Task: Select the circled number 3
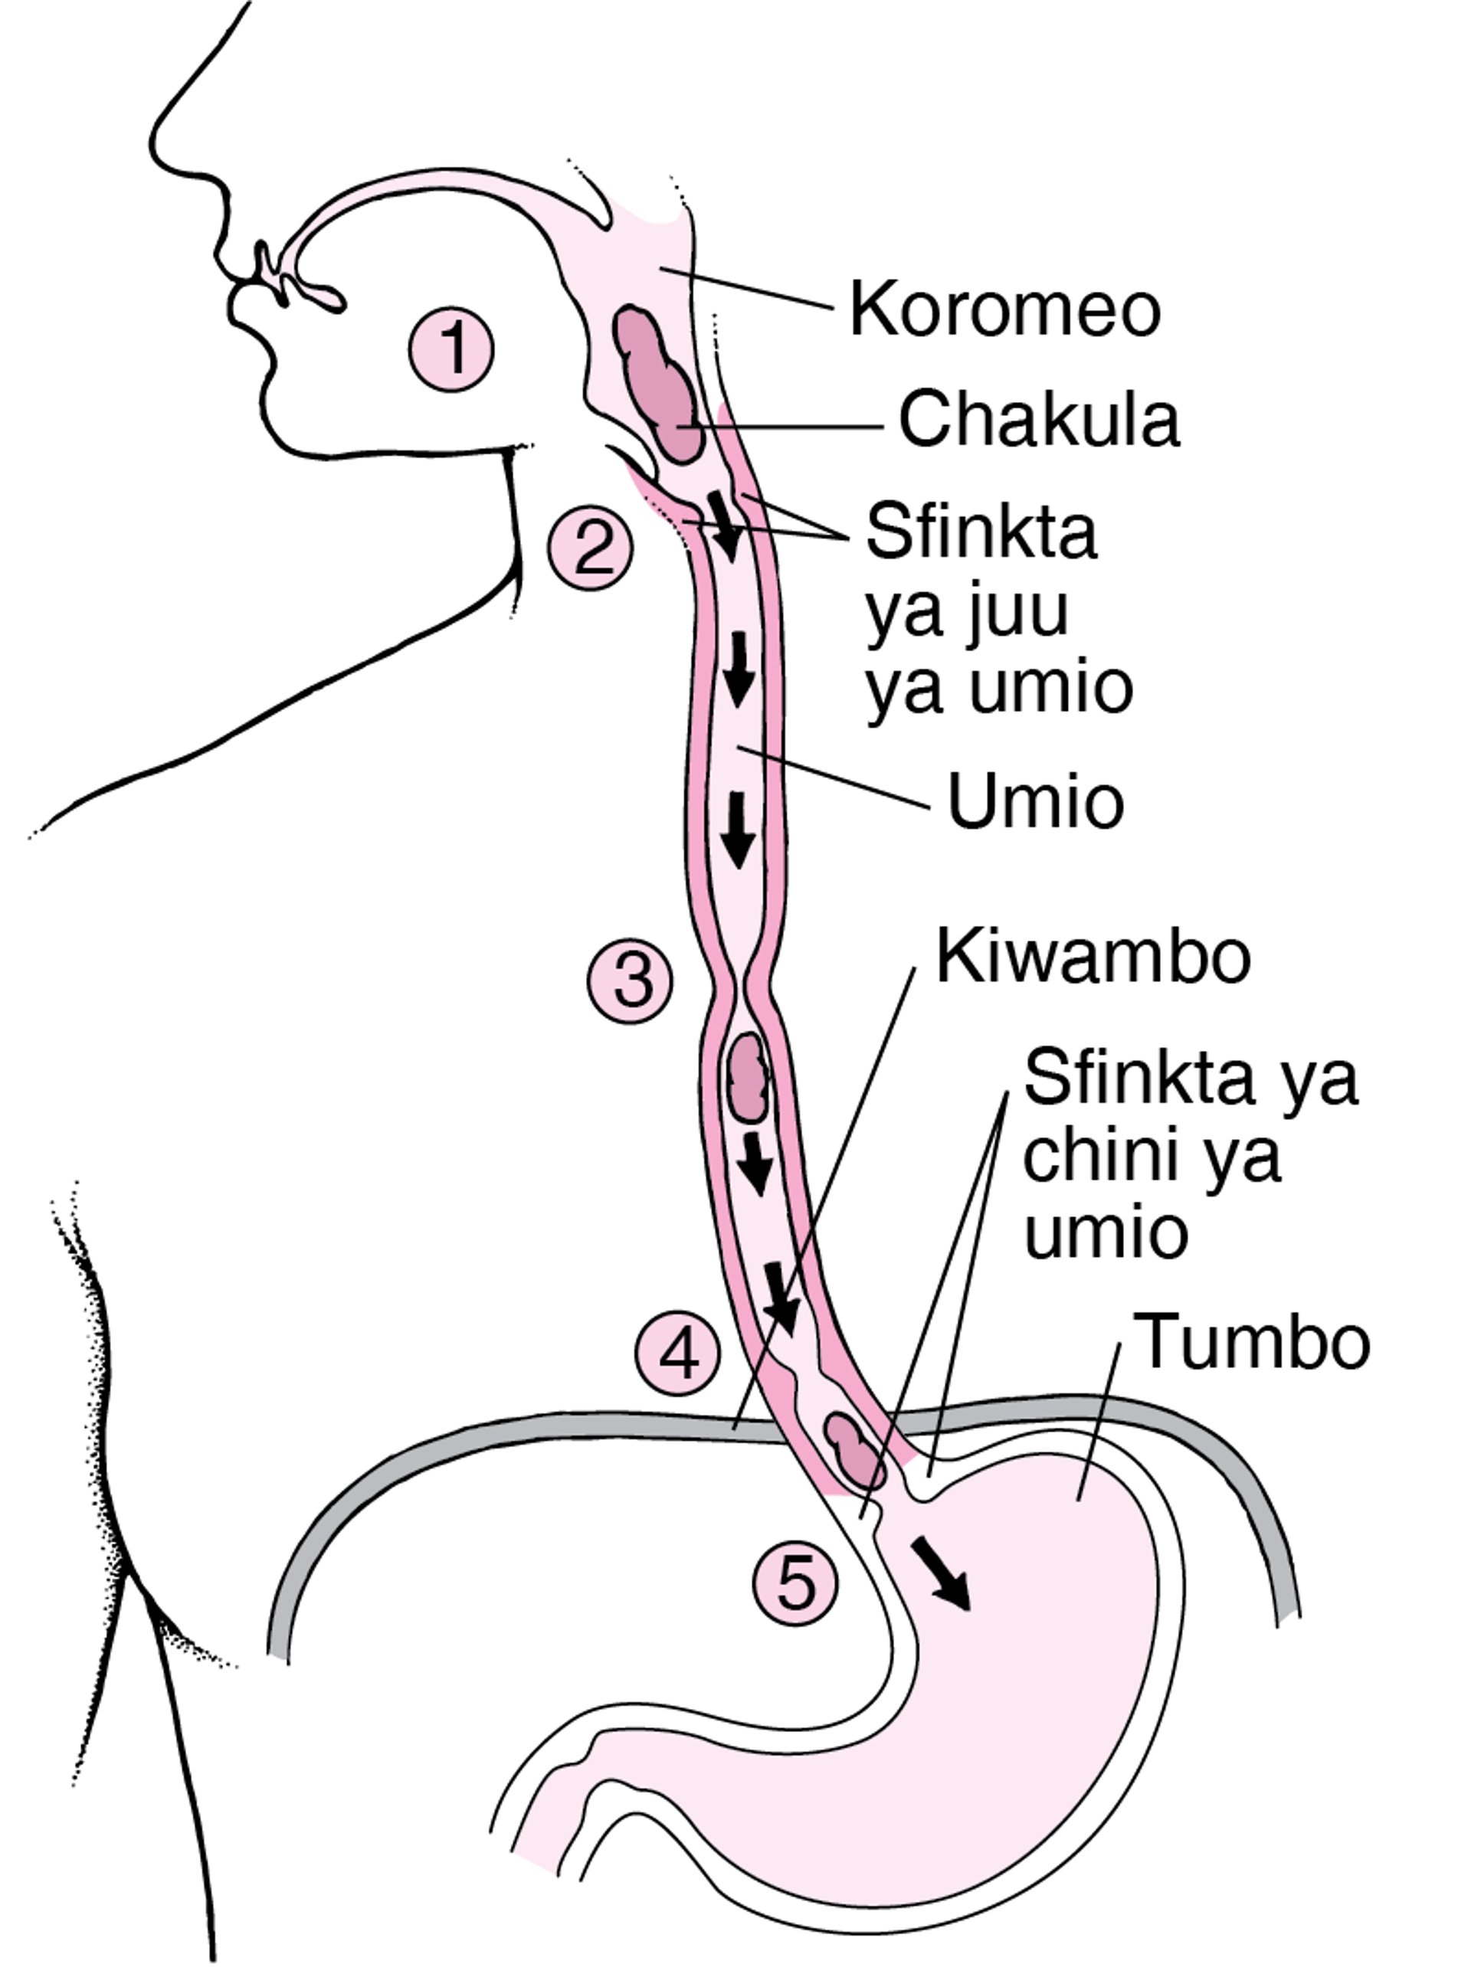(x=630, y=981)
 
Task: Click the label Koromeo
(x=1005, y=309)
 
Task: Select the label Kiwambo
(x=1093, y=958)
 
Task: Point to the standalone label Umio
(x=1035, y=801)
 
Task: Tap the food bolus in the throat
(x=657, y=381)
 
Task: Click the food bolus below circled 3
(x=747, y=1076)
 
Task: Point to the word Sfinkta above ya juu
(x=981, y=532)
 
